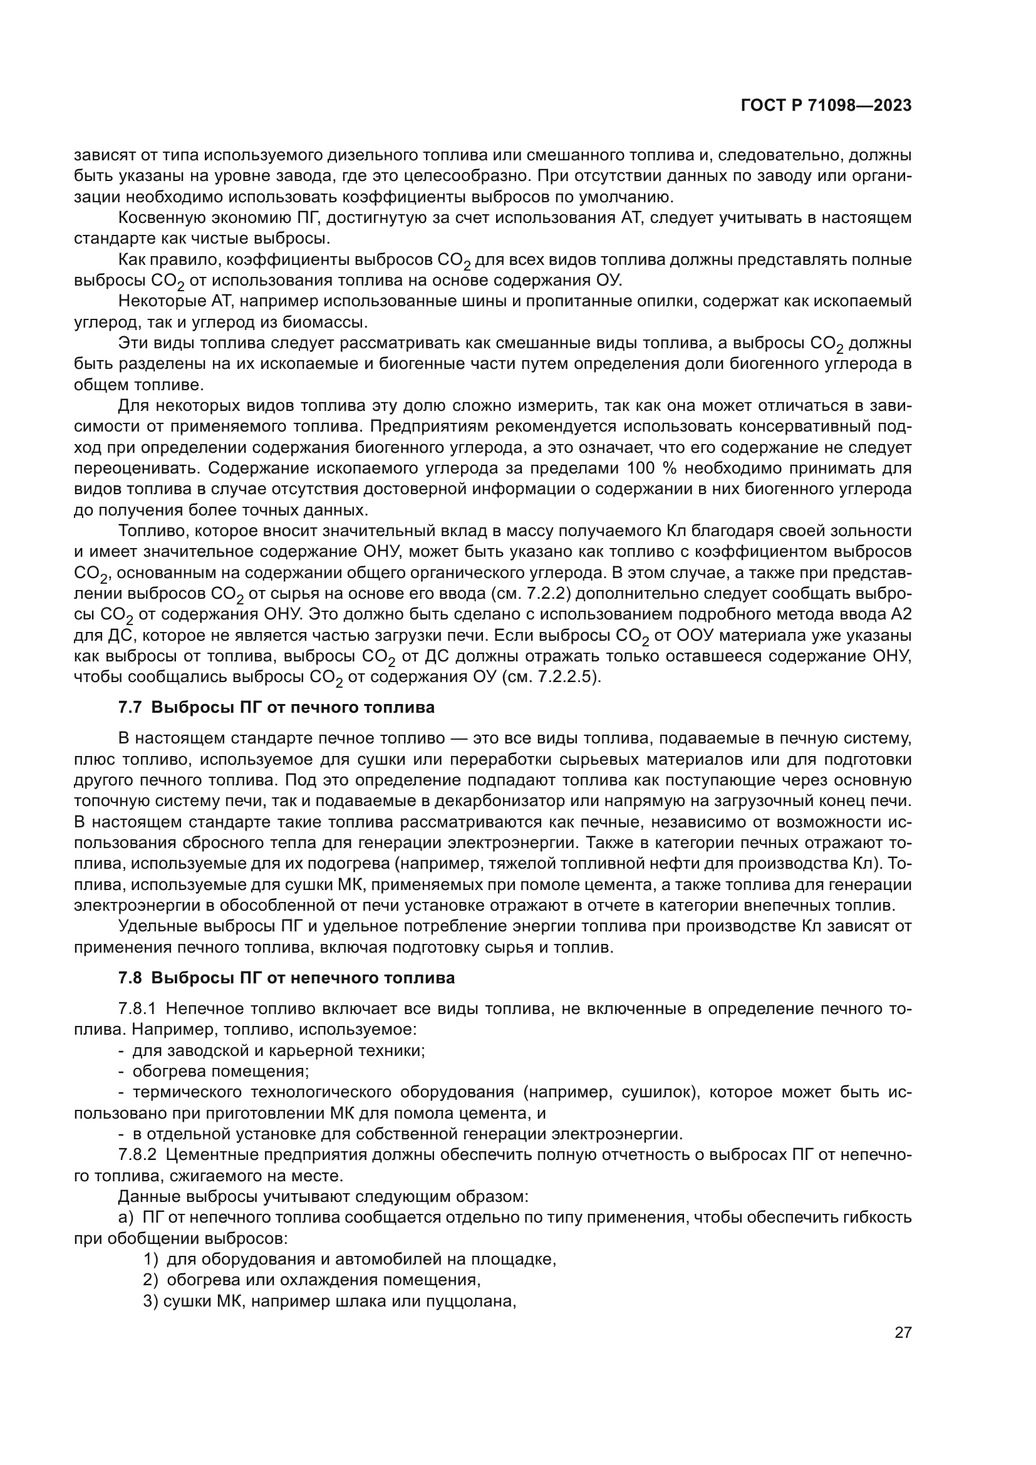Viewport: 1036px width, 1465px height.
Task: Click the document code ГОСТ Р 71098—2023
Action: (x=826, y=106)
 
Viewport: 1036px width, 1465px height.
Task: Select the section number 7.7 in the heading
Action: (x=132, y=708)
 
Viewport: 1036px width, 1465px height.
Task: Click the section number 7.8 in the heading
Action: (x=132, y=978)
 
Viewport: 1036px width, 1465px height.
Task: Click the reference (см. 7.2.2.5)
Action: (x=546, y=677)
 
